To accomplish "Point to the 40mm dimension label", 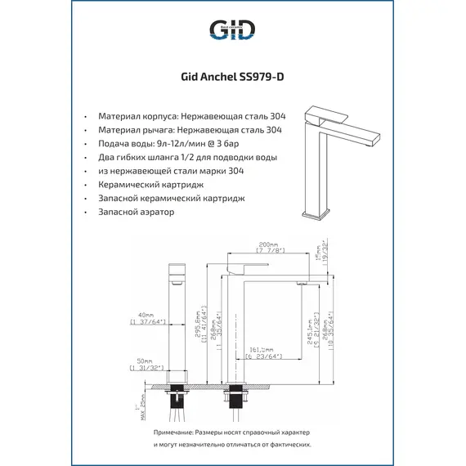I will [x=147, y=315].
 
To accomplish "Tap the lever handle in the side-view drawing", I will [x=249, y=268].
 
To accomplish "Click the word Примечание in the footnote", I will [x=176, y=431].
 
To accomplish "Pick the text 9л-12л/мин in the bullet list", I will [x=174, y=143].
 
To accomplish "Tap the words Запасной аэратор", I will [x=136, y=212].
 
